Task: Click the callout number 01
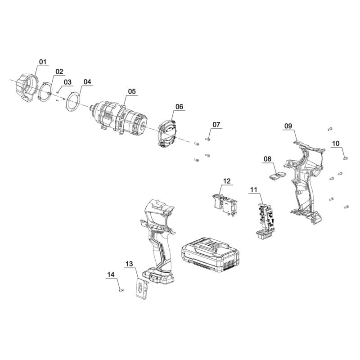pyautogui.click(x=43, y=62)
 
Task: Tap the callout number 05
pyautogui.click(x=132, y=91)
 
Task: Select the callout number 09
pyautogui.click(x=288, y=126)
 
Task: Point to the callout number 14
pyautogui.click(x=111, y=274)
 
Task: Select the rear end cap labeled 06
pyautogui.click(x=167, y=134)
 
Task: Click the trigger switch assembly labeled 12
pyautogui.click(x=224, y=204)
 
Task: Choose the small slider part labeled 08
pyautogui.click(x=278, y=176)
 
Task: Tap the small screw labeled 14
pyautogui.click(x=121, y=290)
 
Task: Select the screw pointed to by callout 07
pyautogui.click(x=207, y=139)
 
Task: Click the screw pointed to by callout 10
pyautogui.click(x=345, y=158)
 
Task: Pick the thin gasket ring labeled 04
pyautogui.click(x=73, y=102)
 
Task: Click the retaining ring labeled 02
pyautogui.click(x=45, y=92)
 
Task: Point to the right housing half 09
pyautogui.click(x=305, y=181)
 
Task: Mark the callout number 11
pyautogui.click(x=254, y=189)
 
